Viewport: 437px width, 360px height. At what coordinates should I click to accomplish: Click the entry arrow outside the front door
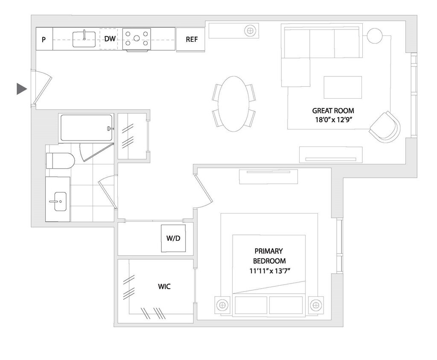pyautogui.click(x=21, y=89)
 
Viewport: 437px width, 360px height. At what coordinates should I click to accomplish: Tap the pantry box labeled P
pyautogui.click(x=44, y=39)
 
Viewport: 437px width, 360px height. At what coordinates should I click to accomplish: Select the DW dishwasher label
pyautogui.click(x=110, y=39)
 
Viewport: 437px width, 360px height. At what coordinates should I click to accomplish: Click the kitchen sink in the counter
pyautogui.click(x=84, y=39)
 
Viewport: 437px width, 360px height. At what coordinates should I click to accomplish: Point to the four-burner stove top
pyautogui.click(x=137, y=38)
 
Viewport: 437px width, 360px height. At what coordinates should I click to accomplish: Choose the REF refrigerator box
pyautogui.click(x=192, y=39)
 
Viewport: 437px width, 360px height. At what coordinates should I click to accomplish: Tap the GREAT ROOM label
pyautogui.click(x=333, y=111)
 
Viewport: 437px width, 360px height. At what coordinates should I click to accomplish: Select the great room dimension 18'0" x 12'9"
pyautogui.click(x=333, y=120)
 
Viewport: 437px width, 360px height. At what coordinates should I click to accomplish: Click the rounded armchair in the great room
pyautogui.click(x=385, y=126)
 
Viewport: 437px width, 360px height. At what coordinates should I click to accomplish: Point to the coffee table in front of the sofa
pyautogui.click(x=343, y=88)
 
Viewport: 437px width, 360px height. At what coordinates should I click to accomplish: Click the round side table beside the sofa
pyautogui.click(x=374, y=35)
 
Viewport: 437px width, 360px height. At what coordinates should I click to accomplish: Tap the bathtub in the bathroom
pyautogui.click(x=86, y=128)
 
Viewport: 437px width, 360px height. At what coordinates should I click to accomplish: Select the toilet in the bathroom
pyautogui.click(x=60, y=161)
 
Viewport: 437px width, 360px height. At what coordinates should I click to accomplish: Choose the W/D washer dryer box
pyautogui.click(x=173, y=238)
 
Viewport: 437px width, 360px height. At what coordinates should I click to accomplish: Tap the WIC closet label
pyautogui.click(x=164, y=287)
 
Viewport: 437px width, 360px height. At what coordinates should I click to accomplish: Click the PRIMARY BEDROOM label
pyautogui.click(x=269, y=256)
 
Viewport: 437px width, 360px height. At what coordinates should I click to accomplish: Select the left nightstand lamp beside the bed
pyautogui.click(x=221, y=305)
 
